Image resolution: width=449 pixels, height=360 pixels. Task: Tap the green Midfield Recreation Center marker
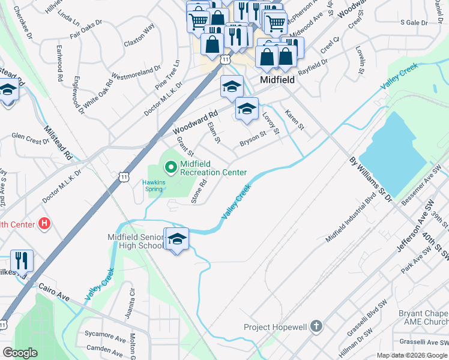pyautogui.click(x=171, y=166)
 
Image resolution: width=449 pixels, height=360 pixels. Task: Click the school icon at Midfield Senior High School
pyautogui.click(x=177, y=239)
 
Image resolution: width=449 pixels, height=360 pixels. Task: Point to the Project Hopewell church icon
pyautogui.click(x=316, y=327)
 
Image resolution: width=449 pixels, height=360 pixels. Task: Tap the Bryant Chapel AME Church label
pyautogui.click(x=423, y=318)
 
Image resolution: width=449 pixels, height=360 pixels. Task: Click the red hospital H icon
pyautogui.click(x=43, y=224)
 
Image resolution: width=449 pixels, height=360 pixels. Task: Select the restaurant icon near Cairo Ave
pyautogui.click(x=22, y=261)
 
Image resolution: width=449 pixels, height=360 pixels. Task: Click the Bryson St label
pyautogui.click(x=253, y=139)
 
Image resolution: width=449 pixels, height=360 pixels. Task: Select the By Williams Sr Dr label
pyautogui.click(x=369, y=178)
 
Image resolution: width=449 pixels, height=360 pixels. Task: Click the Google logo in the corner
pyautogui.click(x=20, y=352)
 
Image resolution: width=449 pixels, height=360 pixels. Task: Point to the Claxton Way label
pyautogui.click(x=139, y=36)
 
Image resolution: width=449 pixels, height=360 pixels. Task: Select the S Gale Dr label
pyautogui.click(x=414, y=22)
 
